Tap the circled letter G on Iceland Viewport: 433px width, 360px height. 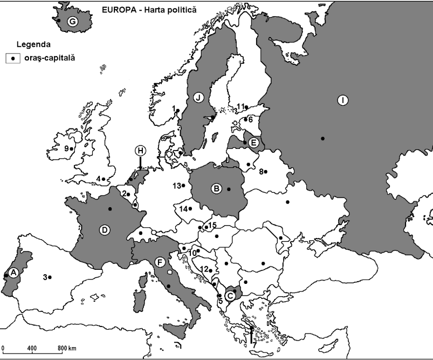pyautogui.click(x=71, y=22)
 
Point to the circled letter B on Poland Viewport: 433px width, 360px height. pyautogui.click(x=216, y=188)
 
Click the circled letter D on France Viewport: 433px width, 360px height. pyautogui.click(x=105, y=229)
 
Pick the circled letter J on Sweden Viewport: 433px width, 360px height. pyautogui.click(x=198, y=98)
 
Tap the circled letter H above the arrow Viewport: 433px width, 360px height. pyautogui.click(x=140, y=150)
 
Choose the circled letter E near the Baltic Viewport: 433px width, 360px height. pyautogui.click(x=254, y=143)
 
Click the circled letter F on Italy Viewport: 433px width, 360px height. pyautogui.click(x=159, y=262)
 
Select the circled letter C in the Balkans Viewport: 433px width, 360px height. pyautogui.click(x=230, y=295)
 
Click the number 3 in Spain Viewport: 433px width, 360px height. pyautogui.click(x=44, y=277)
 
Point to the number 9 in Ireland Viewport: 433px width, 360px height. pyautogui.click(x=66, y=148)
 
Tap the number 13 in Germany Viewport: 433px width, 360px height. pyautogui.click(x=176, y=186)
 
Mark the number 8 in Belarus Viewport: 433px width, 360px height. pyautogui.click(x=260, y=172)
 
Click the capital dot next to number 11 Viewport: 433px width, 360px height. pyautogui.click(x=247, y=107)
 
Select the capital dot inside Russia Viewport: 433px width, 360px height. pyautogui.click(x=322, y=139)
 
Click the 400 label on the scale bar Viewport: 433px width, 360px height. pyautogui.click(x=32, y=347)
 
